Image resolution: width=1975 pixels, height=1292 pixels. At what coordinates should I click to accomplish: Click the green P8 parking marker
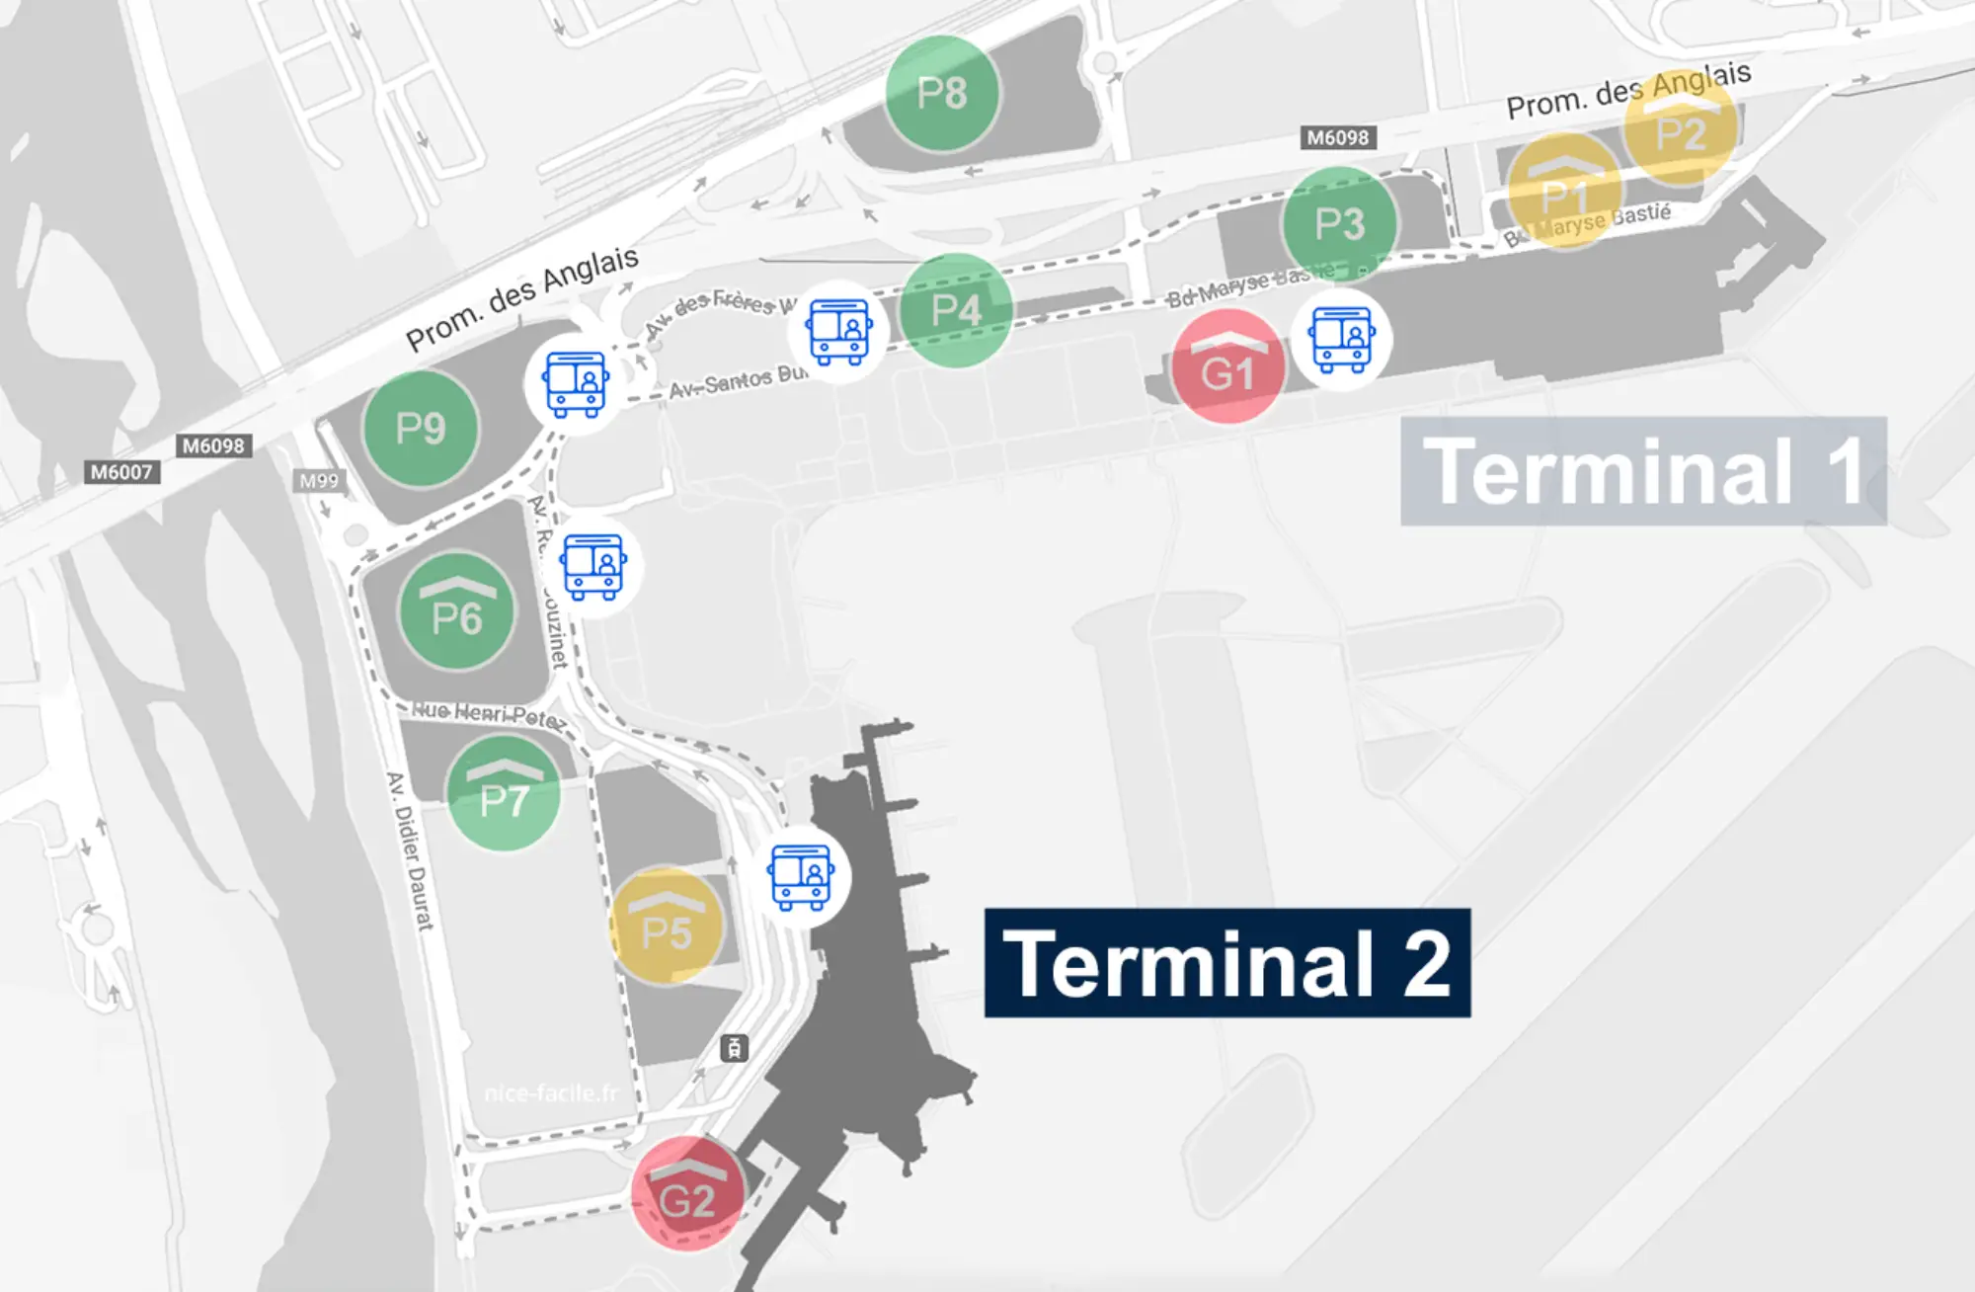(x=941, y=93)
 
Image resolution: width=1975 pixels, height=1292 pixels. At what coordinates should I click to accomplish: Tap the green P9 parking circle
(x=421, y=429)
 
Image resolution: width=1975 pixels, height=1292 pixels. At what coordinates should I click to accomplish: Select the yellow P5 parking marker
(x=666, y=927)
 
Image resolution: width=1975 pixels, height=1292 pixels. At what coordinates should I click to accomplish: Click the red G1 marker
(x=1227, y=366)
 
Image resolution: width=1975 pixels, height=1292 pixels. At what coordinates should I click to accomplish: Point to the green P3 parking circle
(x=1339, y=223)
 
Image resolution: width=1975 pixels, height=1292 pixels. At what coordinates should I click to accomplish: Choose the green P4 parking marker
(x=956, y=310)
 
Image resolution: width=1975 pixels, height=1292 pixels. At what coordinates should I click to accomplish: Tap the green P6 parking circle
(x=456, y=611)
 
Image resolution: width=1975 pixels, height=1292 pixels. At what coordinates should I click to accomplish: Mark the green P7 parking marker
(x=504, y=793)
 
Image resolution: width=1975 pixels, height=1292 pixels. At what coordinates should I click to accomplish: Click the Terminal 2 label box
(x=1227, y=963)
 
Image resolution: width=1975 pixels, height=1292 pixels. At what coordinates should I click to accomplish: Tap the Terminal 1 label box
(x=1643, y=471)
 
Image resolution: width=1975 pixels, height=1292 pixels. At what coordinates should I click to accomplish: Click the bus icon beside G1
(x=1341, y=339)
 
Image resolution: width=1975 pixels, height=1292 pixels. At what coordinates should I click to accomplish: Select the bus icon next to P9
(x=576, y=384)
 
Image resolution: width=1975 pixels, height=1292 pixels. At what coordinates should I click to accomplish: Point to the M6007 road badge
(x=121, y=472)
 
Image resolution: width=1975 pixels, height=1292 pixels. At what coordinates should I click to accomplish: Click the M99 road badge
(x=319, y=481)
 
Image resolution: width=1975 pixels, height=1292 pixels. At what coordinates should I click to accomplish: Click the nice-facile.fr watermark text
(x=551, y=1093)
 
